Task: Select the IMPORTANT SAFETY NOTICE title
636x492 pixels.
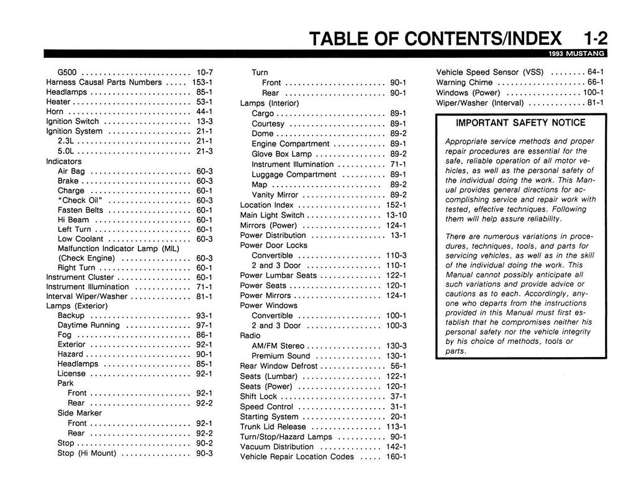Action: (520, 123)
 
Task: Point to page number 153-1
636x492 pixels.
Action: (202, 82)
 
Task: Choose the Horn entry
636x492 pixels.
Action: (55, 111)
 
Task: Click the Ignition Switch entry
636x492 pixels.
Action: (73, 121)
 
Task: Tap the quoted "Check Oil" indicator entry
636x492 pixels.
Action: (79, 200)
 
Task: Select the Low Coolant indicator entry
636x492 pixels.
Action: (81, 239)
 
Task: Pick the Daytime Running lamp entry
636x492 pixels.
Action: (89, 325)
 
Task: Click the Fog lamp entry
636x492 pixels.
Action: (65, 335)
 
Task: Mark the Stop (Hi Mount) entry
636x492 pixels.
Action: (87, 453)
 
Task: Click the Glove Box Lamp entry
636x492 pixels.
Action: (281, 154)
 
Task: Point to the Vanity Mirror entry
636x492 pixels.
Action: (275, 195)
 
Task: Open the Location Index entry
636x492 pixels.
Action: (267, 205)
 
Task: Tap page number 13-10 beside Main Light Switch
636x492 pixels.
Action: (395, 215)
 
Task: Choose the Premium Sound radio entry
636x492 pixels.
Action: (281, 356)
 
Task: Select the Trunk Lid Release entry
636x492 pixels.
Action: (273, 427)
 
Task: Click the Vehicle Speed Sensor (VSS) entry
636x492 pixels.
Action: (491, 72)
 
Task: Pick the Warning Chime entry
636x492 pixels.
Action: (465, 82)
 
